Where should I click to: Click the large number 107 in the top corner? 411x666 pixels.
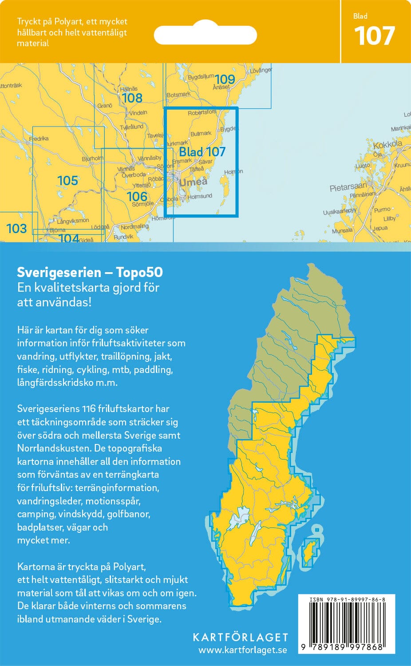pos(375,36)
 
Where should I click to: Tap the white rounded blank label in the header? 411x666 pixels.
pos(205,35)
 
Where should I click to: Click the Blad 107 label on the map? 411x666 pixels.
pos(202,152)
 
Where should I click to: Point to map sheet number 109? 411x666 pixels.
pos(225,79)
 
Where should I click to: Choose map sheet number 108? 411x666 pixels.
pos(132,98)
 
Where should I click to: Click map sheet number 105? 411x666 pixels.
pos(67,181)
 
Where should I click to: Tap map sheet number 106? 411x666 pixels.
pos(137,196)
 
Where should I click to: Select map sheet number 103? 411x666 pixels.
pos(16,229)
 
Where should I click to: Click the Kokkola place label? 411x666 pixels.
pos(387,145)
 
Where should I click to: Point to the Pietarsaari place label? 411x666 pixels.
pos(348,188)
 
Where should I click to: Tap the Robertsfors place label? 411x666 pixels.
pos(202,113)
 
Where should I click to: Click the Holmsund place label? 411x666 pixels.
pos(200,196)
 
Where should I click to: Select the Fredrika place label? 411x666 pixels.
pos(39,139)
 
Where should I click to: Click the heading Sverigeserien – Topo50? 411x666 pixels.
pos(90,272)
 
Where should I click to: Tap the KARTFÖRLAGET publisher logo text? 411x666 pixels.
pos(240,637)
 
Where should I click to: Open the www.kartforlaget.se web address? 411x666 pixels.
pos(242,650)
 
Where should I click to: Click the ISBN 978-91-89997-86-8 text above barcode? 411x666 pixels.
pos(347,600)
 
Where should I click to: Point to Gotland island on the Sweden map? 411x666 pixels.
pos(308,552)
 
